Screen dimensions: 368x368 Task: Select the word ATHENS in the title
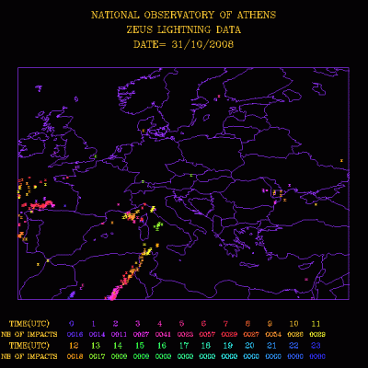pyautogui.click(x=257, y=16)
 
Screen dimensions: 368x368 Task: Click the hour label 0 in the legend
pyautogui.click(x=72, y=324)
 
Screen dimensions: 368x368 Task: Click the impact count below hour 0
pyautogui.click(x=72, y=334)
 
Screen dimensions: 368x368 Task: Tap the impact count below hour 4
pyautogui.click(x=160, y=334)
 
